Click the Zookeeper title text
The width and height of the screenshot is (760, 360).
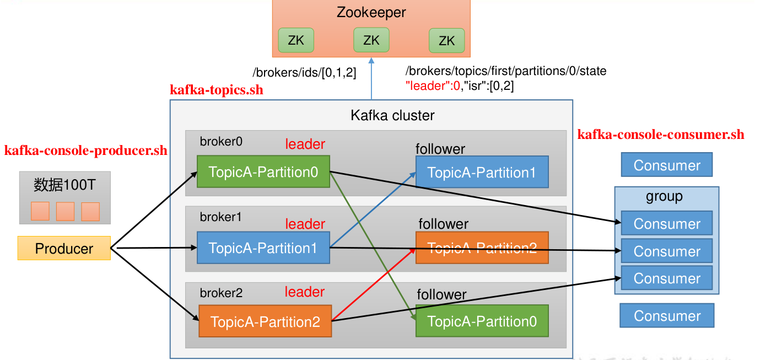(x=371, y=12)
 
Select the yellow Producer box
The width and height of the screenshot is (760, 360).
(x=64, y=248)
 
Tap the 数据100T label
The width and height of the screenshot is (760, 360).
(x=64, y=185)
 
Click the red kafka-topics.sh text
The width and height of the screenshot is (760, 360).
(x=216, y=90)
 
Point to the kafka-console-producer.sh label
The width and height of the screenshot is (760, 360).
(x=85, y=151)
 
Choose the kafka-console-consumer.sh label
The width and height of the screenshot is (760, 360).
(x=660, y=135)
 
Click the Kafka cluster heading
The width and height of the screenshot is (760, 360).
(x=392, y=115)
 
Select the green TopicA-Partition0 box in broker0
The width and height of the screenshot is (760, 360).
(x=263, y=171)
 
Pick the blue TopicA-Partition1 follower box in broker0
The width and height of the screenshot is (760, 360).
(x=482, y=172)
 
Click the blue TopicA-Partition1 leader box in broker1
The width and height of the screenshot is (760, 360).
(x=263, y=248)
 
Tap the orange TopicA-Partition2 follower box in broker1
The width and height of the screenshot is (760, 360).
(x=482, y=248)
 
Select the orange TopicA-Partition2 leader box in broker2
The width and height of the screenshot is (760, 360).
(x=265, y=321)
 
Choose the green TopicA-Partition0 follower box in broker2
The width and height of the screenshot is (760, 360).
(x=482, y=321)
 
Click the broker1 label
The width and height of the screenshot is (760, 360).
(x=220, y=217)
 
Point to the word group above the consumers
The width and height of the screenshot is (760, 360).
(x=664, y=196)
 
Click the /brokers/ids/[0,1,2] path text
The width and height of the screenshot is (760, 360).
(x=305, y=73)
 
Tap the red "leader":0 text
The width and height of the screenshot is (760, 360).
(x=433, y=86)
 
